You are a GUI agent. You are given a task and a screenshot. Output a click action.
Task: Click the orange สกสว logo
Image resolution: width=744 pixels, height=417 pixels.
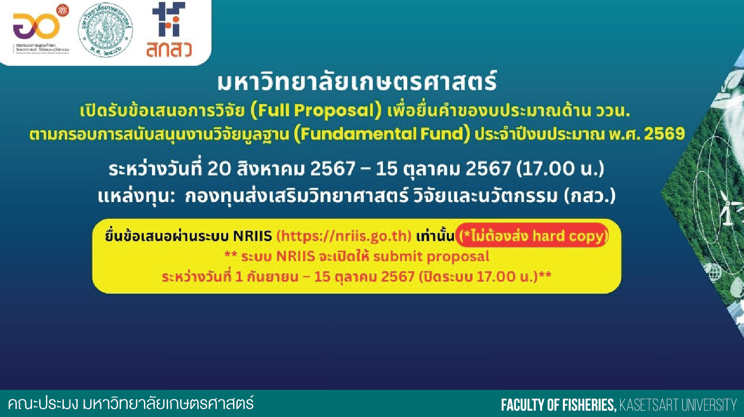click(169, 31)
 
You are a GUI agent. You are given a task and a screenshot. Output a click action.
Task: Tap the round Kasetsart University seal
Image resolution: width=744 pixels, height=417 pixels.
click(105, 31)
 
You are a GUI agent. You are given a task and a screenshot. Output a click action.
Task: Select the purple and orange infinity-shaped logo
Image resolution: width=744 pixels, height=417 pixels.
click(37, 26)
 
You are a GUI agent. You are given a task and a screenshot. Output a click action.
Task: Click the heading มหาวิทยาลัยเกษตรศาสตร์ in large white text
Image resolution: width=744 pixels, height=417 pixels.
click(357, 82)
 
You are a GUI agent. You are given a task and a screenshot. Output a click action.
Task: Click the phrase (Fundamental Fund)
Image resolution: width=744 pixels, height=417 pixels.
click(379, 134)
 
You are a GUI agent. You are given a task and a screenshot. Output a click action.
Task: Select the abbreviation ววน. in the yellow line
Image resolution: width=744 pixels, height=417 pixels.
click(613, 111)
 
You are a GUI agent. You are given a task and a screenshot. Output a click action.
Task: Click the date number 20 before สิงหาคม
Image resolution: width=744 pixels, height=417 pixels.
click(219, 169)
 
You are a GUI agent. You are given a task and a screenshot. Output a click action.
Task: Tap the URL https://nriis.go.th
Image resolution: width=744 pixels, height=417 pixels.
click(344, 236)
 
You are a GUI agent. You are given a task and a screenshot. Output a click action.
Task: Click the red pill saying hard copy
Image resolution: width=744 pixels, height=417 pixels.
click(532, 236)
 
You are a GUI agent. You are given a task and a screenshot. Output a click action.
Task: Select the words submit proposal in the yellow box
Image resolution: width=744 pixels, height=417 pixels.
click(431, 256)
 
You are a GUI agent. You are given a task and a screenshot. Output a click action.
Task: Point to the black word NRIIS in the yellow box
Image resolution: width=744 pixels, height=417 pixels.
click(252, 236)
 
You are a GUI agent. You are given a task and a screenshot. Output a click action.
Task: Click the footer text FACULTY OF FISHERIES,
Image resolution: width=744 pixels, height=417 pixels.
click(559, 405)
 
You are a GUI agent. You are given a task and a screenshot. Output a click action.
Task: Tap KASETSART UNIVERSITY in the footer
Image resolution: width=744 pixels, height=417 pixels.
click(678, 405)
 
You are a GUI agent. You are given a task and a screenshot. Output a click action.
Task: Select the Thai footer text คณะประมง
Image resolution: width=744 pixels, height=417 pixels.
click(42, 404)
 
